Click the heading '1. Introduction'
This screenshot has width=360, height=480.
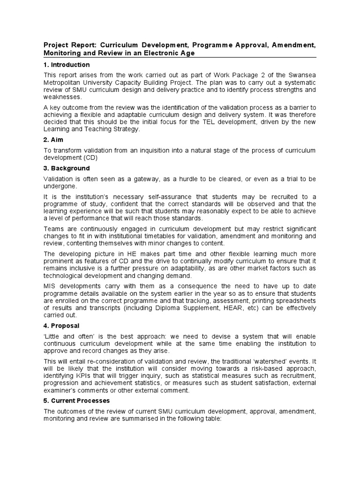(67, 65)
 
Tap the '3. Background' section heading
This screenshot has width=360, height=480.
(67, 168)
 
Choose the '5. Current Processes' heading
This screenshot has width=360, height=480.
(76, 401)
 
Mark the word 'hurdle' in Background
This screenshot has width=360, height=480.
(180, 179)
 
